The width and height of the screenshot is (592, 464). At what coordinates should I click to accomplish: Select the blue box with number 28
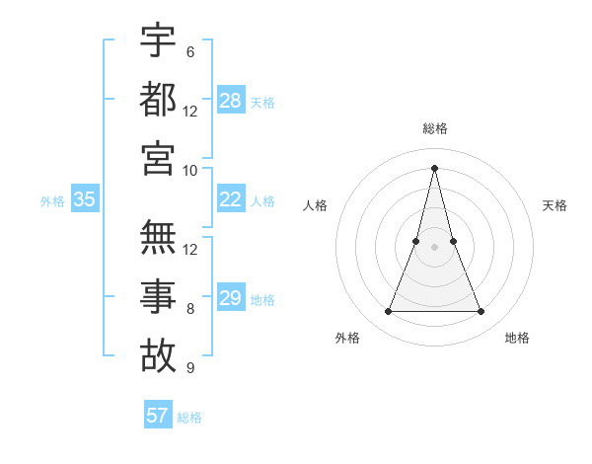[x=231, y=100]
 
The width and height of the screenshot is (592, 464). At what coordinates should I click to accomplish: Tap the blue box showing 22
[x=231, y=199]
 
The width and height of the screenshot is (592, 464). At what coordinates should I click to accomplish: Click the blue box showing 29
[x=231, y=298]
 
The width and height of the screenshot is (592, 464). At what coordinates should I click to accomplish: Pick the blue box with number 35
[x=85, y=199]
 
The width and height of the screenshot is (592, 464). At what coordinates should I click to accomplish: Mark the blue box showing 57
[x=158, y=416]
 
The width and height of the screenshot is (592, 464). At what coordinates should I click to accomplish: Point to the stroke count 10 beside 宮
[x=190, y=170]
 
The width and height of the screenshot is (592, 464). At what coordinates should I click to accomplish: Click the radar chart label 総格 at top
[x=434, y=129]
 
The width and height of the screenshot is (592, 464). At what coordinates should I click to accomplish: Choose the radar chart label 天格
[x=555, y=205]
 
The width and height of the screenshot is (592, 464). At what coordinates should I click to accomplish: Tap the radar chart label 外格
[x=347, y=338]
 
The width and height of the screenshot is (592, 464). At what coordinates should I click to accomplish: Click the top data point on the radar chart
[x=434, y=167]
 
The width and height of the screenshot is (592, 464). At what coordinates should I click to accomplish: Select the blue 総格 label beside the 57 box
[x=189, y=418]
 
